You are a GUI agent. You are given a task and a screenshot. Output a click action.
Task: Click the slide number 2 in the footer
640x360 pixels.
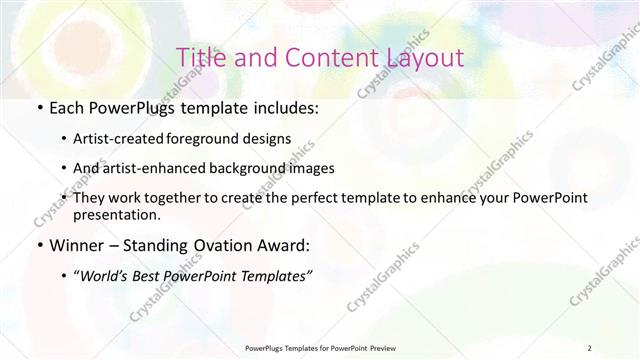590,347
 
